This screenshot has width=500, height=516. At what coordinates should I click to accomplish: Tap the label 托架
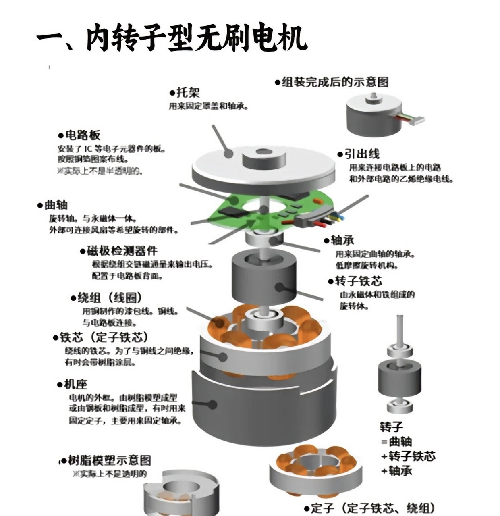[188, 92]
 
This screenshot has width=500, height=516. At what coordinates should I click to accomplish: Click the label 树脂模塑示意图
[109, 460]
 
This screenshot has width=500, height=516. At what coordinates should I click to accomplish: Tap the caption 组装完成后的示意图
[334, 82]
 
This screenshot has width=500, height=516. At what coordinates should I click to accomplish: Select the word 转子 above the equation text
[391, 427]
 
